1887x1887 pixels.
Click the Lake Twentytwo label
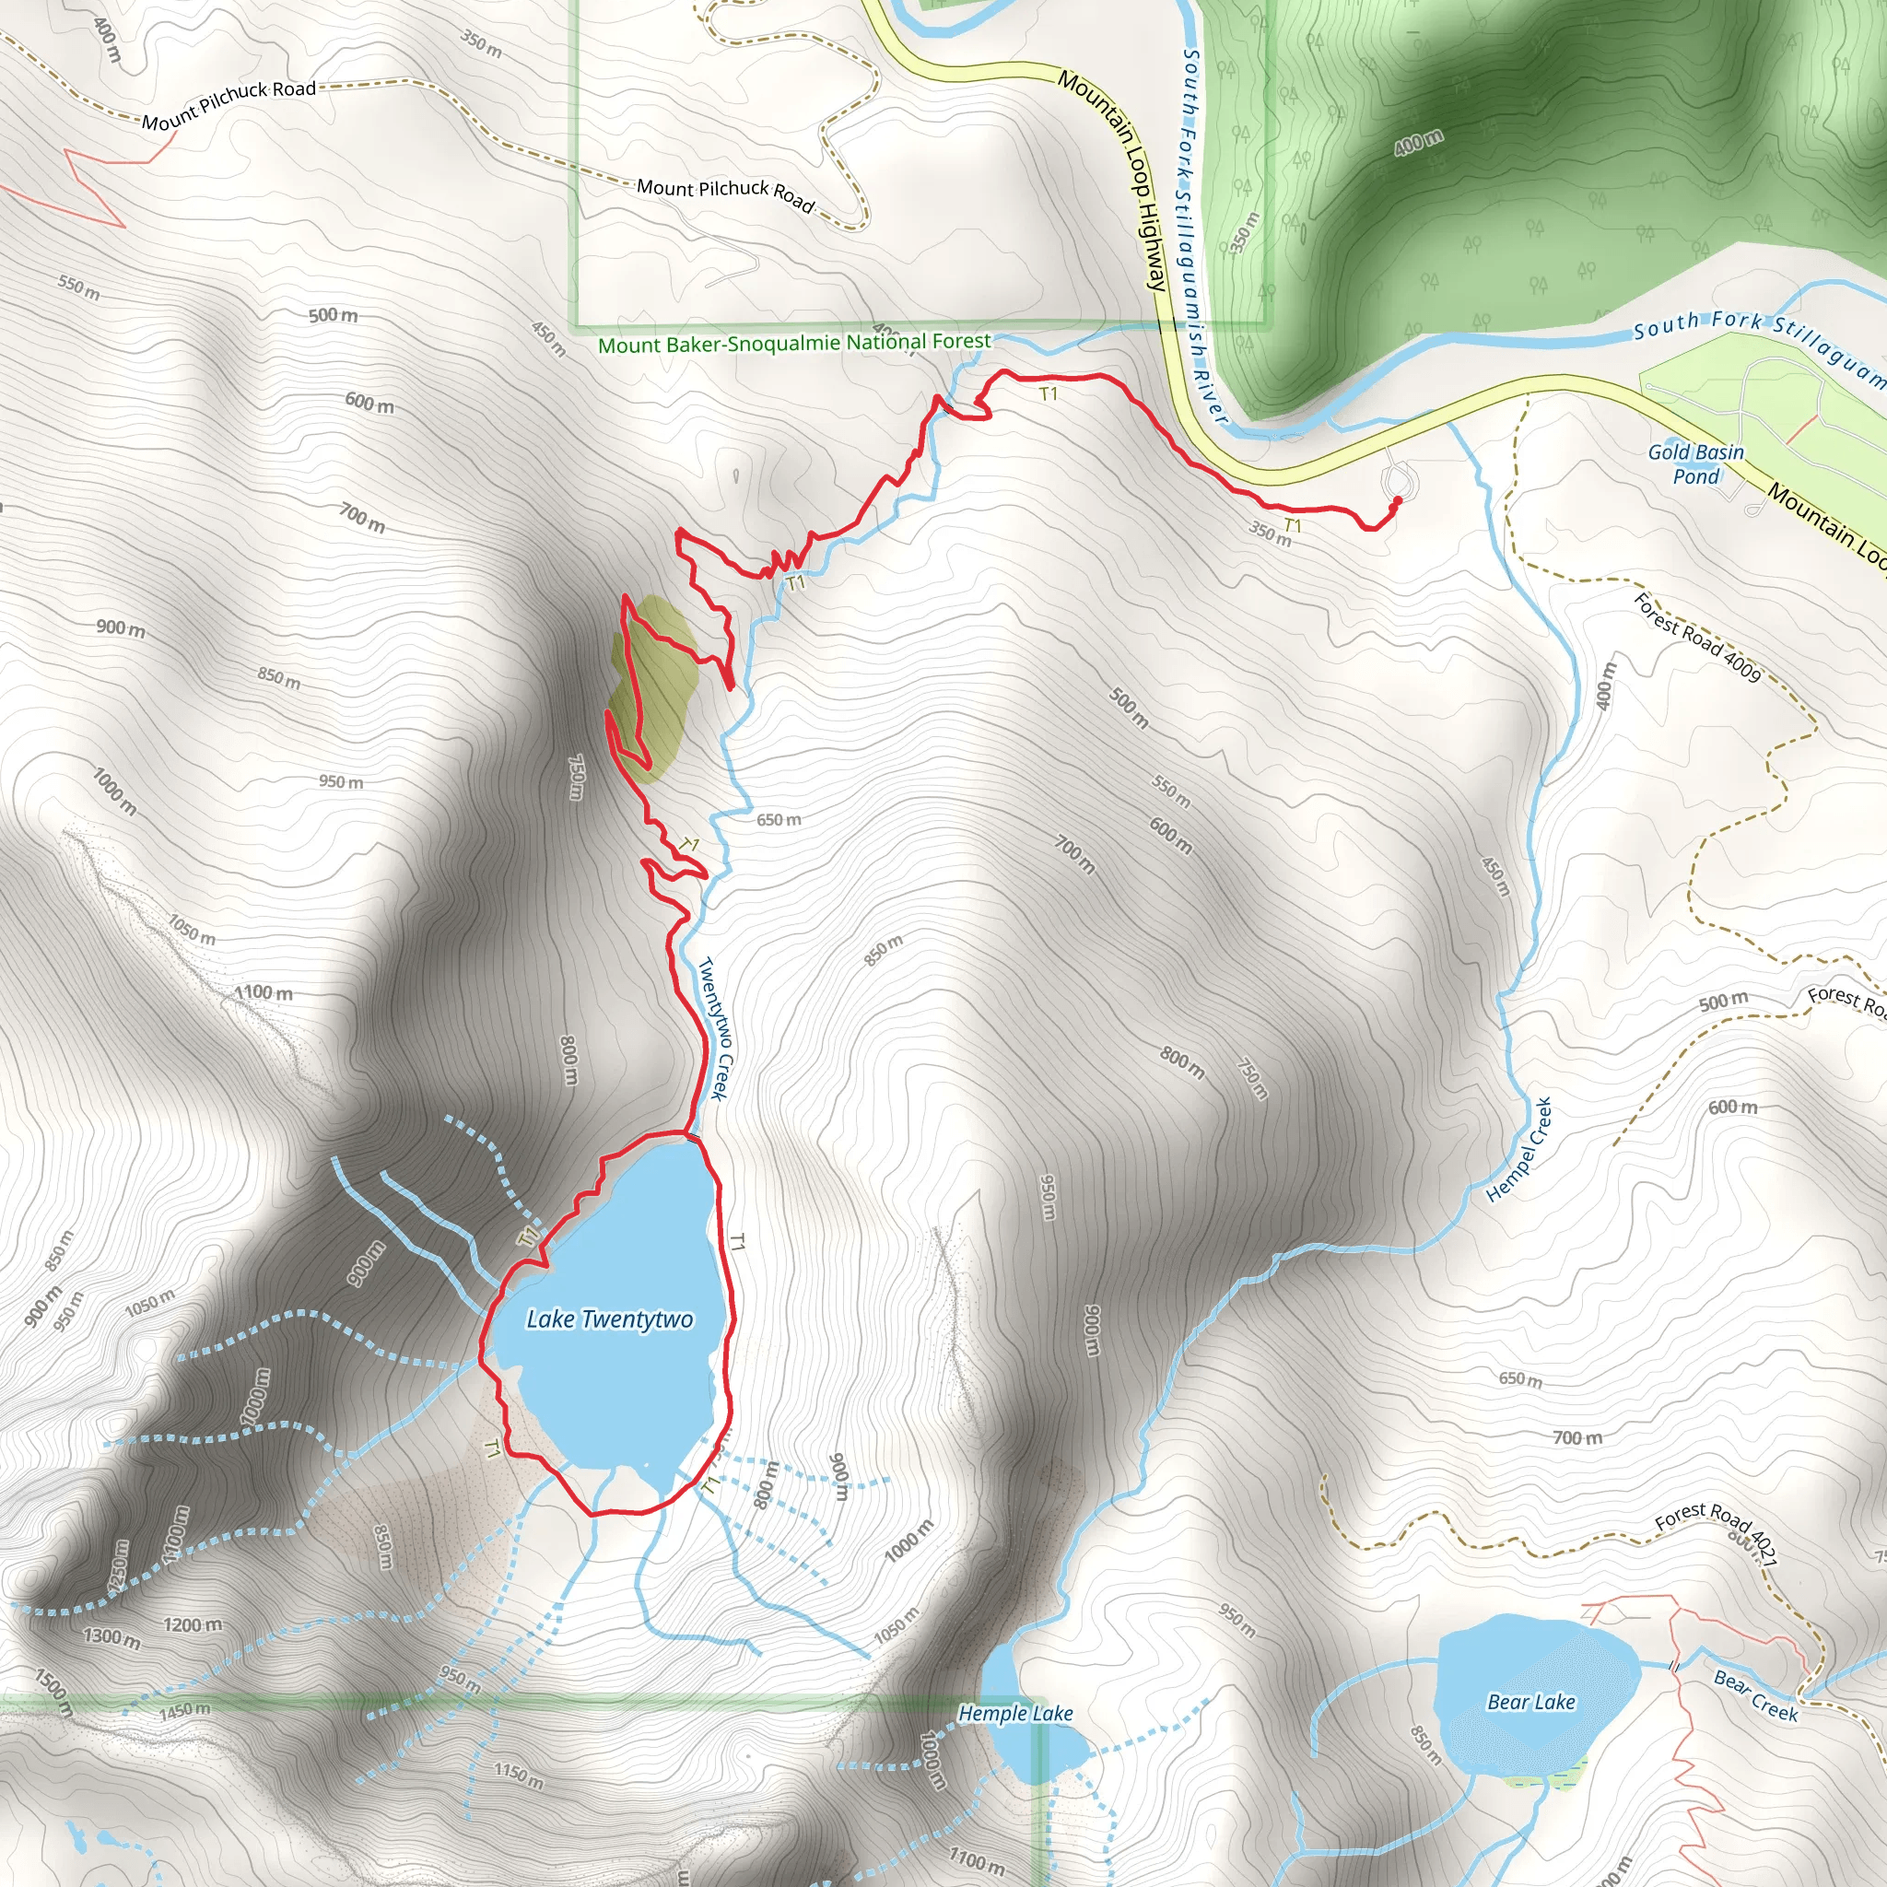point(609,1319)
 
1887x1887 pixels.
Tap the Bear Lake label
point(1530,1703)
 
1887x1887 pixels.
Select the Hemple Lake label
point(1014,1713)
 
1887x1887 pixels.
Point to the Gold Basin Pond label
point(1695,464)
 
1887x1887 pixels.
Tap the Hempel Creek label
point(1518,1150)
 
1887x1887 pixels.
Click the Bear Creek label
point(1755,1694)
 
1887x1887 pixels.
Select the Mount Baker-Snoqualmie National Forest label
point(794,343)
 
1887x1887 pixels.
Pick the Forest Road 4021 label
point(1716,1531)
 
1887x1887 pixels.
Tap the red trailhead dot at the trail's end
point(1397,500)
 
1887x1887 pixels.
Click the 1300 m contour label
point(111,1637)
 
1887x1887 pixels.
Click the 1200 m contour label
point(193,1625)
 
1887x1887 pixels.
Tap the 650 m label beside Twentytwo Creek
point(779,819)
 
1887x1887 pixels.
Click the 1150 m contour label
point(518,1775)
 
